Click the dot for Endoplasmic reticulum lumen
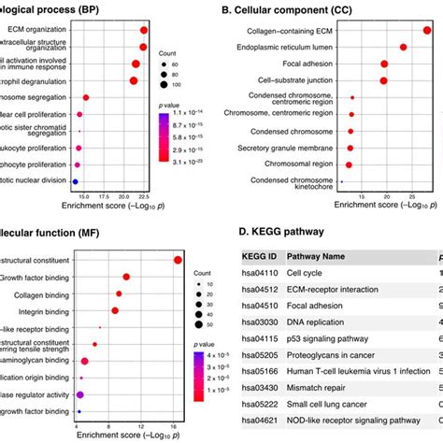tap(403, 47)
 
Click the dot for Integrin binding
tap(116, 309)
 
